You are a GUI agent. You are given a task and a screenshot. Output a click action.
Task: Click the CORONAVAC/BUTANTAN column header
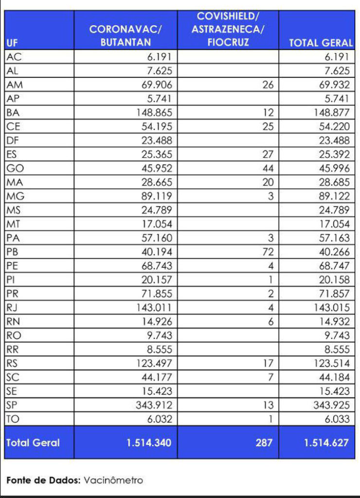(x=126, y=36)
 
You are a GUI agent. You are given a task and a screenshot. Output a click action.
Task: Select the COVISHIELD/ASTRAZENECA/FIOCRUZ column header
(x=228, y=29)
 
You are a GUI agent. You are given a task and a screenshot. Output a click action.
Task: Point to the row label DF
(x=13, y=141)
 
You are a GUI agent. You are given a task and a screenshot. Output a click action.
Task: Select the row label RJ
(x=12, y=307)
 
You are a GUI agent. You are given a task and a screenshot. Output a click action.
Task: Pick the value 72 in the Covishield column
(x=268, y=252)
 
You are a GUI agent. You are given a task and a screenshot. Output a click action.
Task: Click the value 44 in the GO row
(x=268, y=169)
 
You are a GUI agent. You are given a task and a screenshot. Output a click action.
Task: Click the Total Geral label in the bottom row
(x=33, y=443)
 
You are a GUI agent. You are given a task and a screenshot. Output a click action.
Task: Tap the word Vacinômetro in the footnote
(x=113, y=480)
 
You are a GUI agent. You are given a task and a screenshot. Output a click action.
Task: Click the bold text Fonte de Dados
(x=43, y=480)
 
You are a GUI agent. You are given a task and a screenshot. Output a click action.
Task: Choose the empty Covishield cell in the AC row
(x=228, y=57)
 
